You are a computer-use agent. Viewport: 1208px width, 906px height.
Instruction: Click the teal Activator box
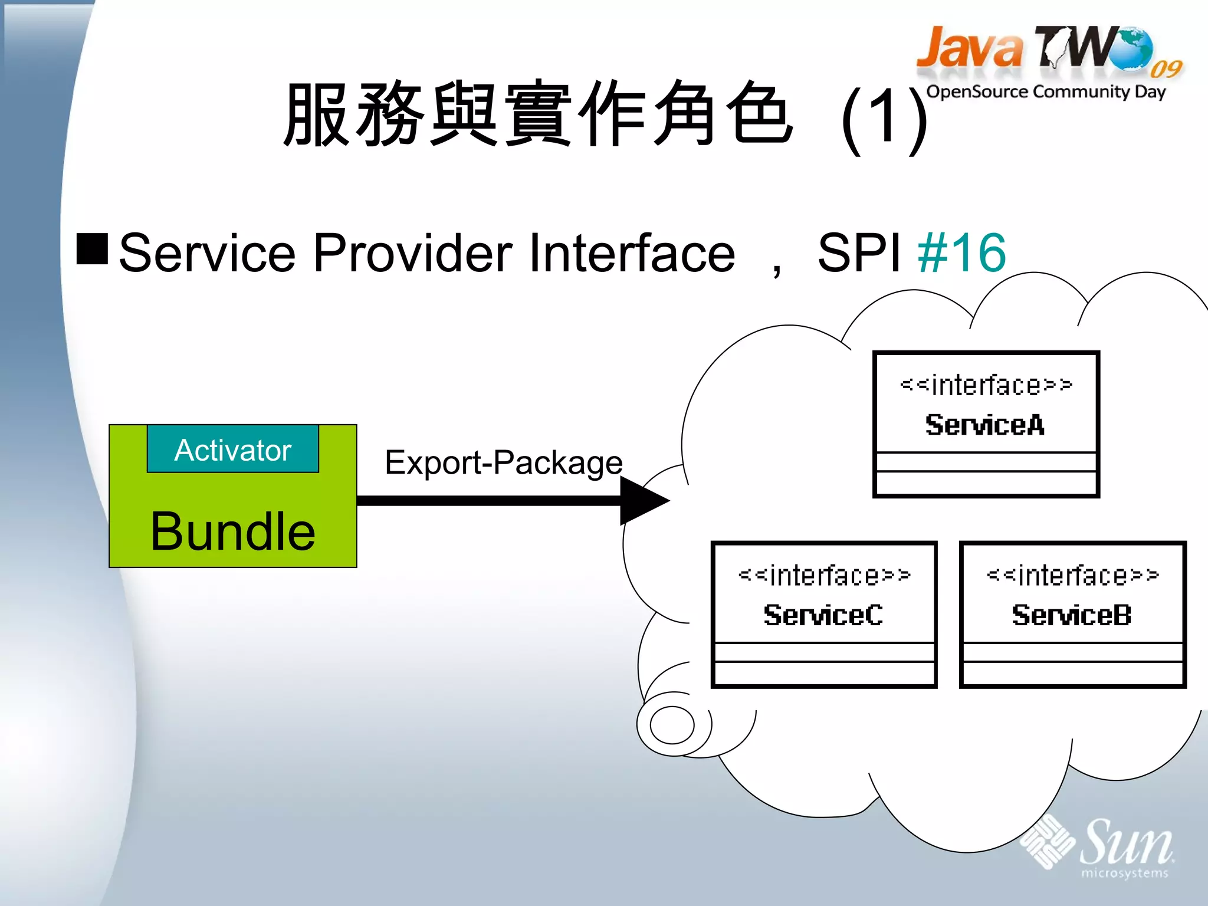(x=232, y=449)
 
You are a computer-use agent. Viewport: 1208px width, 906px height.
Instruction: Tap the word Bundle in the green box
(x=232, y=531)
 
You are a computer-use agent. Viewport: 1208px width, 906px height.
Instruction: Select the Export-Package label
(x=503, y=462)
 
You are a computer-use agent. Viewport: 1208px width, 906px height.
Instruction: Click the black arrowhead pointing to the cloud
(x=644, y=501)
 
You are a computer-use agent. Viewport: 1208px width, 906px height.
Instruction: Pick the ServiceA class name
(x=985, y=425)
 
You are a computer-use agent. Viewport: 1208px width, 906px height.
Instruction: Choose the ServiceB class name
(x=1072, y=615)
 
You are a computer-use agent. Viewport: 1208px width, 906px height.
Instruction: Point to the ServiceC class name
(x=823, y=615)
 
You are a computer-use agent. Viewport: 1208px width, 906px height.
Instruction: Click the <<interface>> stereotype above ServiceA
(x=986, y=385)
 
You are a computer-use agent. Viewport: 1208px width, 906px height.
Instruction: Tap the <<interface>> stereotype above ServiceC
(x=824, y=575)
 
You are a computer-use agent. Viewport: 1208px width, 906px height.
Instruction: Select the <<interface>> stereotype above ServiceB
(x=1072, y=575)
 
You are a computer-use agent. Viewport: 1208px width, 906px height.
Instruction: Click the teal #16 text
(x=961, y=253)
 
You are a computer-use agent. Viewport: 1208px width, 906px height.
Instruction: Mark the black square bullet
(x=92, y=248)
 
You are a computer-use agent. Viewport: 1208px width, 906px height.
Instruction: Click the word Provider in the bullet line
(x=413, y=253)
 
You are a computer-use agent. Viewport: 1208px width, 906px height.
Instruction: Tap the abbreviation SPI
(x=859, y=253)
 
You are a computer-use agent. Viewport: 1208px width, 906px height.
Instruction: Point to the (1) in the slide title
(x=884, y=117)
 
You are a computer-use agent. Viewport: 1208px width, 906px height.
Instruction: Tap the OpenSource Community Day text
(x=1046, y=92)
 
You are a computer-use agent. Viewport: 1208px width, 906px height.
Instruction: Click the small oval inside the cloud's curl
(x=672, y=725)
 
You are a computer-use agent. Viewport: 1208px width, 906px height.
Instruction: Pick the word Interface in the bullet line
(x=632, y=253)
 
